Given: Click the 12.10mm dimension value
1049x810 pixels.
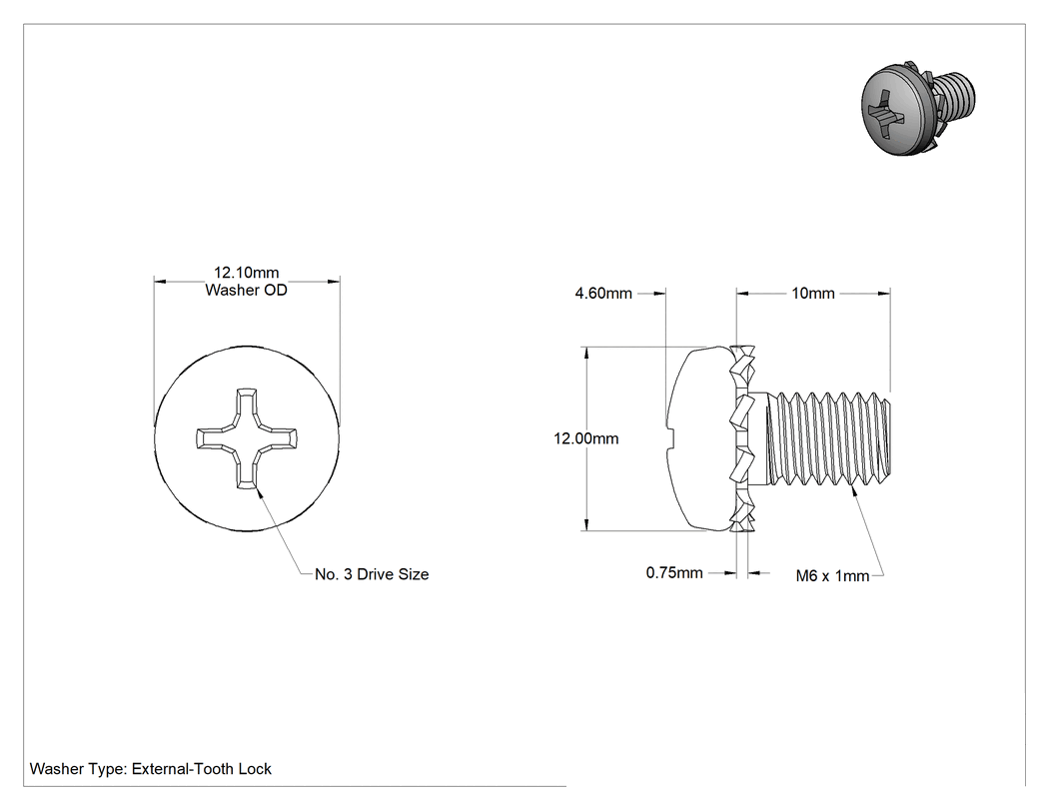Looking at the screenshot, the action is pos(246,273).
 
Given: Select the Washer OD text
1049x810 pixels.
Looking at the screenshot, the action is pos(246,290).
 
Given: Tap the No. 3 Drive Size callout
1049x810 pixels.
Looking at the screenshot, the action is pos(372,574).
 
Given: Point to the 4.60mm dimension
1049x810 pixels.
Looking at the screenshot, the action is pos(603,293).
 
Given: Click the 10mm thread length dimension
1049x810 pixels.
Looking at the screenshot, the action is pos(813,293).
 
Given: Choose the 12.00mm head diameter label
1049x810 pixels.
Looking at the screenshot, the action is pos(586,438).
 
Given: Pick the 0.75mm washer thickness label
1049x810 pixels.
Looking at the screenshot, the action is pos(674,572).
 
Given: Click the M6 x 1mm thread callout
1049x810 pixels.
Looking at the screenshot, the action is pos(832,576).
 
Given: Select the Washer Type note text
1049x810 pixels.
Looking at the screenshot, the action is pos(151,769).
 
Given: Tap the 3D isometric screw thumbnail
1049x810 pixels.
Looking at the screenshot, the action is pos(918,109).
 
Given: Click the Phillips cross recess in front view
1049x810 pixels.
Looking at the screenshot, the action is pos(247,438).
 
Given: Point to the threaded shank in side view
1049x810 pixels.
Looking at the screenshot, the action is pos(828,438).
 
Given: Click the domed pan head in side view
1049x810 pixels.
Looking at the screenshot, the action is pos(699,438).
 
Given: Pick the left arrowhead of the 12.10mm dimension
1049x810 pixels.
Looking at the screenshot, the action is pos(161,282).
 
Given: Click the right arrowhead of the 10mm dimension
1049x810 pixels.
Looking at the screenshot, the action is pos(883,293).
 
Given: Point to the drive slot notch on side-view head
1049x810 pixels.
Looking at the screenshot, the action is pos(671,438).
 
